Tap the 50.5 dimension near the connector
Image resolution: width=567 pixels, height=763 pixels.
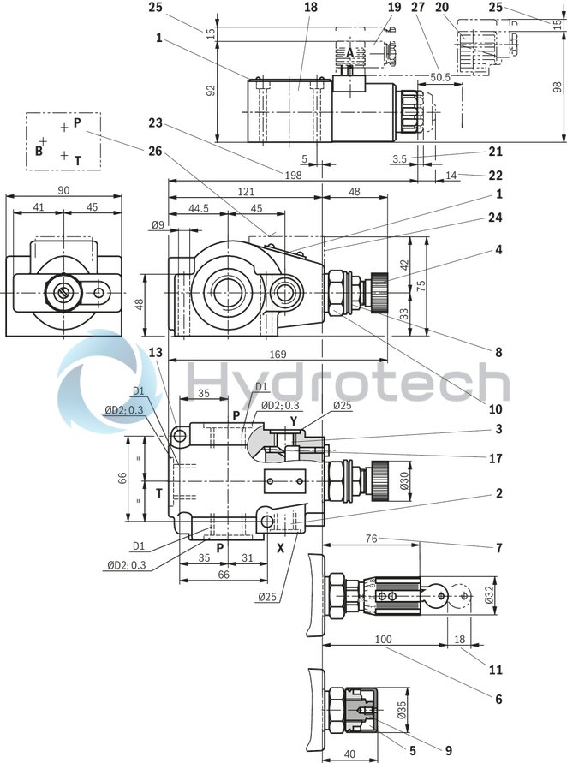440,77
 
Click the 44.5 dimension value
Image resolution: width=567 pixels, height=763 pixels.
198,209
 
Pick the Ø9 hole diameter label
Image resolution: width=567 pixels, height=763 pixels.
158,225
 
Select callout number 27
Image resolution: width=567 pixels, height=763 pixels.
418,7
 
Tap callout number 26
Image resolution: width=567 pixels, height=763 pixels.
155,152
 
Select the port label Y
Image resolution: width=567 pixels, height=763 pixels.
293,420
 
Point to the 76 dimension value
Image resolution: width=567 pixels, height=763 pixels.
371,539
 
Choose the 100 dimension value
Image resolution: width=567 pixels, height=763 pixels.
384,640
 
